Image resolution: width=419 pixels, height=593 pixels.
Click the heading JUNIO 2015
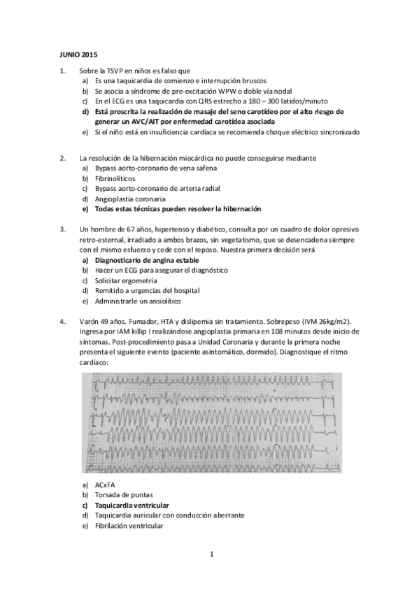click(x=77, y=54)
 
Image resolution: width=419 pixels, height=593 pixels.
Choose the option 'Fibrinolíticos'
click(x=117, y=178)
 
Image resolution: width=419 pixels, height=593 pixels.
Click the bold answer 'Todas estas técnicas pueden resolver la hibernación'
click(x=178, y=208)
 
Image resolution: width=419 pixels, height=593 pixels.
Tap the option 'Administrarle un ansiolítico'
click(x=137, y=301)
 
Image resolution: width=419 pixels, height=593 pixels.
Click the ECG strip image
click(x=211, y=422)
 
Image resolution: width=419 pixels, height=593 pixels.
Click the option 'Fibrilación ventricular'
click(x=128, y=525)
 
